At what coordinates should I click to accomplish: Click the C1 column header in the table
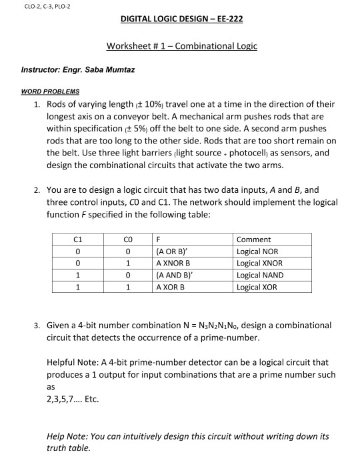coord(78,239)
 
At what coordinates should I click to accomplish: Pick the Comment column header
coord(254,239)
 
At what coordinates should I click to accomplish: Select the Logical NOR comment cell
coord(259,252)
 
